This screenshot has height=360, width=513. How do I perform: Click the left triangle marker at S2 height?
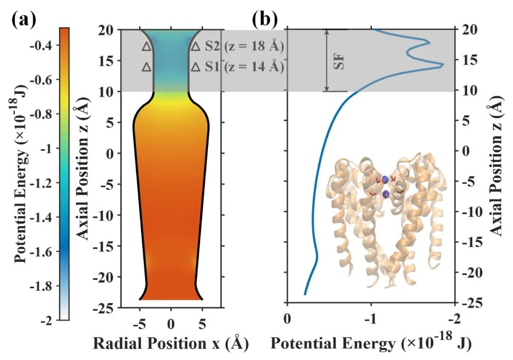coord(147,47)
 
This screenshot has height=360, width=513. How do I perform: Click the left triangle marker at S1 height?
coord(147,67)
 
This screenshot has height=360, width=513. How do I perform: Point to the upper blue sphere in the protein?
coord(385,180)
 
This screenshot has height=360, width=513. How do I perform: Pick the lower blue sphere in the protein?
coord(386,193)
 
